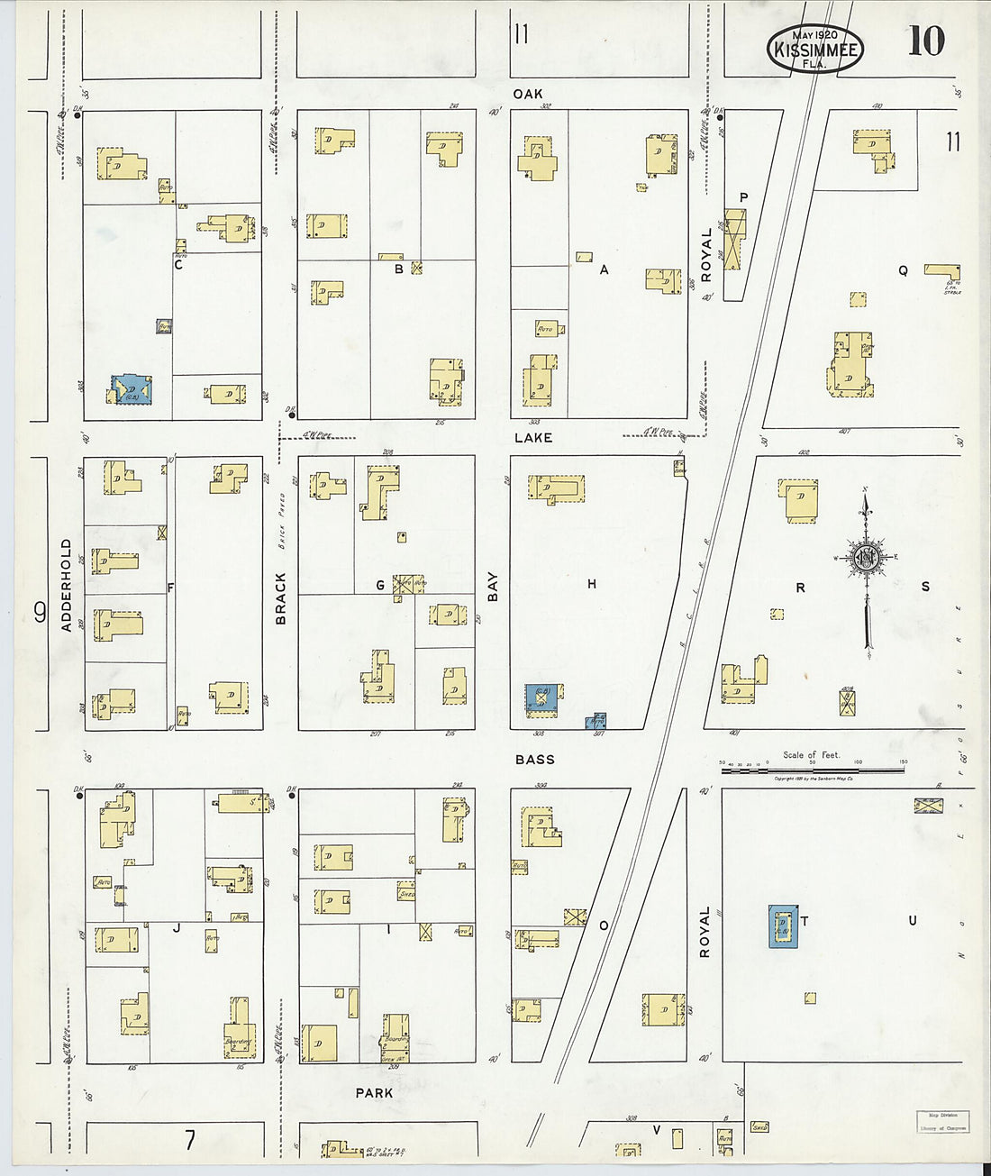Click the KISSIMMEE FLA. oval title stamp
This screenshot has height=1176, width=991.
[x=815, y=48]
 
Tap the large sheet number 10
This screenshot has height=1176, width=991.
[x=925, y=41]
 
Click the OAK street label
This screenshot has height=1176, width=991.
[x=528, y=94]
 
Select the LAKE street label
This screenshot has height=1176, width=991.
[x=533, y=437]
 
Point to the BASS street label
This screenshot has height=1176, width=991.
[x=534, y=760]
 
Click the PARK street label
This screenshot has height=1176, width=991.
[x=373, y=1093]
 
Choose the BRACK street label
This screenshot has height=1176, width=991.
[x=280, y=597]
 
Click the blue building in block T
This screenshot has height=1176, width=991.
[x=783, y=926]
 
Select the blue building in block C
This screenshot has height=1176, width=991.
[x=132, y=390]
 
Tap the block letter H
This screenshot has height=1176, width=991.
[x=592, y=584]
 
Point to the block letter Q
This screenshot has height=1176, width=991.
[x=902, y=270]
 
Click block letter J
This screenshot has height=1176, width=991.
[x=177, y=927]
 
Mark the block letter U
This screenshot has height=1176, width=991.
[x=912, y=920]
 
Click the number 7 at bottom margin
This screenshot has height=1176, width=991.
[x=190, y=1141]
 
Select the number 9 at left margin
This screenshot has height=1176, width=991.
[x=40, y=614]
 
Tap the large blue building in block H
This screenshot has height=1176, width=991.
[x=542, y=699]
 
